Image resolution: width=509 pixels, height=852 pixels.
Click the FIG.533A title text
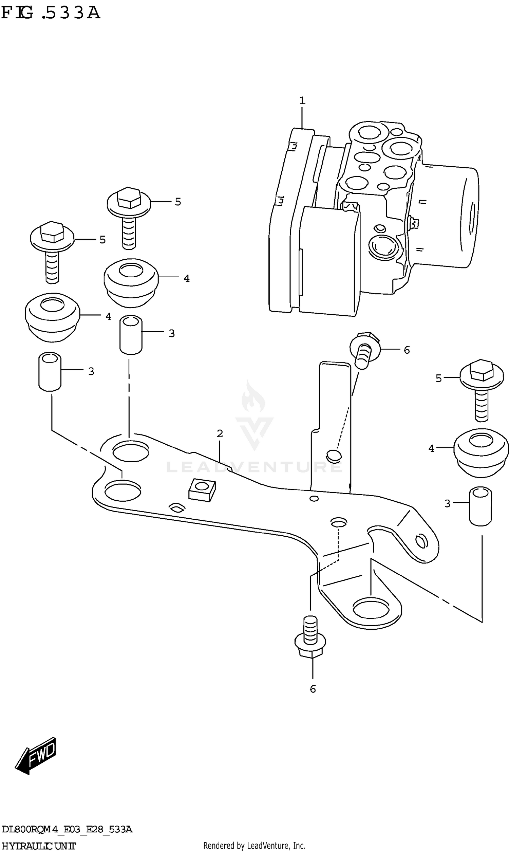[51, 13]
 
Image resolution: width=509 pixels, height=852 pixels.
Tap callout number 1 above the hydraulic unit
[302, 100]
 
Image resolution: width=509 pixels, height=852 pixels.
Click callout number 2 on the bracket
[220, 433]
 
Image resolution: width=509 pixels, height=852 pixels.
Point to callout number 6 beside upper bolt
[407, 350]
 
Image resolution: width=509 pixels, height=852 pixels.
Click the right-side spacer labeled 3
[480, 506]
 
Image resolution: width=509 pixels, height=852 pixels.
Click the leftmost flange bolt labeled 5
[52, 251]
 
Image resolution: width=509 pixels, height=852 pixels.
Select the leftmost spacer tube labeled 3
[50, 371]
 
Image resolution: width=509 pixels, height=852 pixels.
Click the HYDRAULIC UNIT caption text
[38, 846]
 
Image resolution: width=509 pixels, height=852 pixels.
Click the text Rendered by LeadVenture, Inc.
[254, 846]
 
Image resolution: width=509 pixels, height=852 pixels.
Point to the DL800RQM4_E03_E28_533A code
[67, 829]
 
